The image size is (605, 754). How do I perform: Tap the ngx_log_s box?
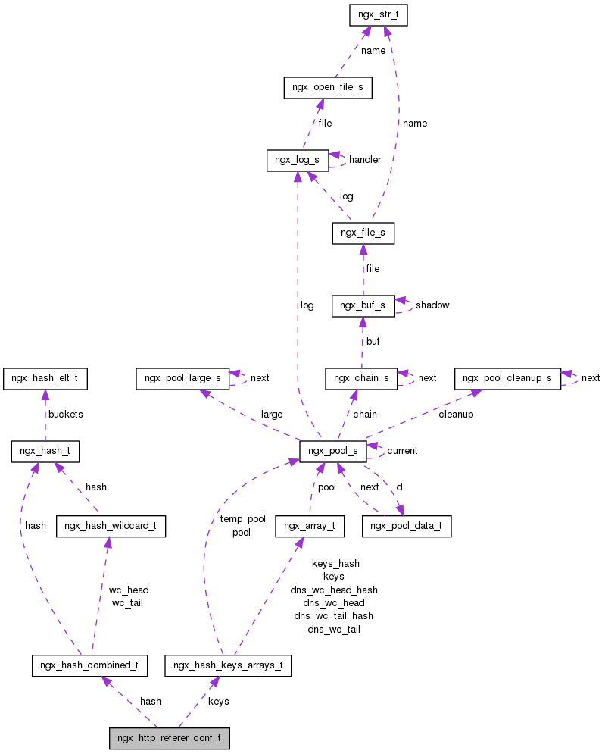click(298, 160)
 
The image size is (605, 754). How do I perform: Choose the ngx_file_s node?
click(363, 233)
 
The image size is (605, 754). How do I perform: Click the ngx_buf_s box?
click(363, 305)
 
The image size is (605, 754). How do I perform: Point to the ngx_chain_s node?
click(361, 378)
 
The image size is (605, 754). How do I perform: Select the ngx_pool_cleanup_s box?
click(507, 378)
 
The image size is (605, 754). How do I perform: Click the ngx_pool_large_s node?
click(182, 378)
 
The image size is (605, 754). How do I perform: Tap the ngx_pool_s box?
click(334, 451)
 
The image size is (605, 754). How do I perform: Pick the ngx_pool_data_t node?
click(407, 525)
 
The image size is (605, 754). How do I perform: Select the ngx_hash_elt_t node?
click(45, 378)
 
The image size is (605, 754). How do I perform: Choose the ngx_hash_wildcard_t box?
click(111, 525)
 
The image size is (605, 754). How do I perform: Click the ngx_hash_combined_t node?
click(89, 665)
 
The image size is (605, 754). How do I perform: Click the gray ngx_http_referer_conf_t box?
click(169, 738)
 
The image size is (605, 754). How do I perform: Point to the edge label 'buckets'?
click(65, 415)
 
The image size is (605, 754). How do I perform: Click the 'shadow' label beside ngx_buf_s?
click(432, 305)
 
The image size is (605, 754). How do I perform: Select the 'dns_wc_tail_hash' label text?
click(333, 615)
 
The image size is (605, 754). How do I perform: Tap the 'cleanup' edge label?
click(456, 415)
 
